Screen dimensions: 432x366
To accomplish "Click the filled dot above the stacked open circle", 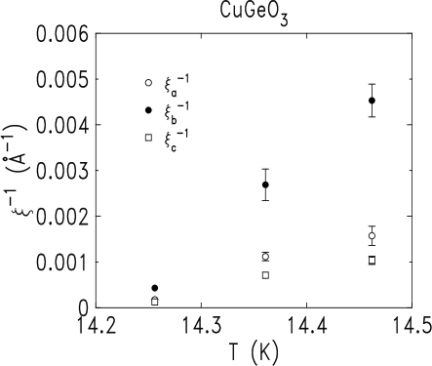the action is click(148, 83).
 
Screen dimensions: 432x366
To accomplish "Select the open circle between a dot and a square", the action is click(148, 110).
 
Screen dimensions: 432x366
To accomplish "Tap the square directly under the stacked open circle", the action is click(148, 138).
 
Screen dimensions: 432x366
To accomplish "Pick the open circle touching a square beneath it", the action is click(154, 288).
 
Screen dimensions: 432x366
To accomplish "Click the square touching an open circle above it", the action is click(155, 302).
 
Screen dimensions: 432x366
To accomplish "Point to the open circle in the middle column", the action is click(265, 184).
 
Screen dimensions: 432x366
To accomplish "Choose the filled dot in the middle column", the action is click(265, 257).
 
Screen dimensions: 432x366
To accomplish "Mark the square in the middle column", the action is click(265, 275).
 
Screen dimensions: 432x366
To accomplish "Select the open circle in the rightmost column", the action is click(372, 101).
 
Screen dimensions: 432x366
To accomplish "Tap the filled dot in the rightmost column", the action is click(372, 235).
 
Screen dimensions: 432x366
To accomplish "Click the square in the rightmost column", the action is click(372, 261).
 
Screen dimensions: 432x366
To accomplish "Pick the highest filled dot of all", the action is click(148, 83).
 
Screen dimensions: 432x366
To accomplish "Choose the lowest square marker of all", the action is click(155, 302).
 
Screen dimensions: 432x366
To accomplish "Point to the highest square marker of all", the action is click(148, 138).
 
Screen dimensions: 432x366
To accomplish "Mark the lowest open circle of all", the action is click(154, 288).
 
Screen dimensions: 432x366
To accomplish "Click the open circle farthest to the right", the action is click(372, 101).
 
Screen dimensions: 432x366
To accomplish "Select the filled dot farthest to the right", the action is click(372, 235).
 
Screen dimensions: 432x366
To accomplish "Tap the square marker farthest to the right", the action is click(372, 261).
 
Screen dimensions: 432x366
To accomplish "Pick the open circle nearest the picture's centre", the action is click(265, 184).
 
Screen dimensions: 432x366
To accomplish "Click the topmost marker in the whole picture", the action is click(148, 83).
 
